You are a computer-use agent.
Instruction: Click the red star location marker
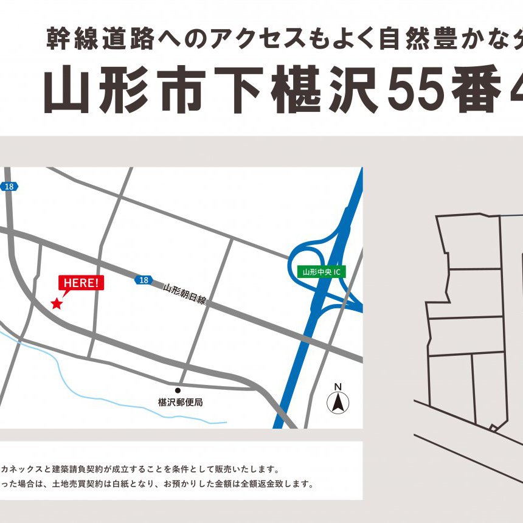tap(57, 303)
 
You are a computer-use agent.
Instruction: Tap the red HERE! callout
tap(81, 283)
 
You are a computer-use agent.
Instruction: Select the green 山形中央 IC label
tap(322, 272)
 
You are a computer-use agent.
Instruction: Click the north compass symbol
tap(338, 402)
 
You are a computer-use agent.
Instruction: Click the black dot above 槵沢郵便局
tap(178, 390)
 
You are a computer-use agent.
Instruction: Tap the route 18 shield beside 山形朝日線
tap(143, 280)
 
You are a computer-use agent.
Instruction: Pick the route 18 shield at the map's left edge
tap(9, 187)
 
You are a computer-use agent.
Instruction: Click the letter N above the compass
tap(338, 387)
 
